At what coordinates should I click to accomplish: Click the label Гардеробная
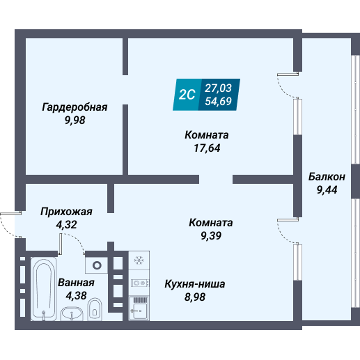pos(74,107)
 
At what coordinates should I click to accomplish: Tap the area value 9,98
pos(74,119)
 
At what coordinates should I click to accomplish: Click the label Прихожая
pos(66,211)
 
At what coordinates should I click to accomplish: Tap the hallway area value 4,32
pos(66,224)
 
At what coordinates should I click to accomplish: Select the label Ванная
pos(76,283)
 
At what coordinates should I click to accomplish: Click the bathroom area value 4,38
pos(75,295)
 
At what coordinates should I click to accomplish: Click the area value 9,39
pos(210,235)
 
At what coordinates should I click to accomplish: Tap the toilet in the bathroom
pos(97,308)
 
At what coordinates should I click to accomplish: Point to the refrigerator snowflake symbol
pos(139,261)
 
